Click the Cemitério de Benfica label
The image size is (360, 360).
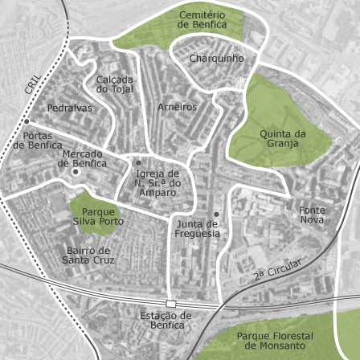point(202,20)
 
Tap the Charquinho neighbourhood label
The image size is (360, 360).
point(217,59)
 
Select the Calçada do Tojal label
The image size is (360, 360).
point(115,84)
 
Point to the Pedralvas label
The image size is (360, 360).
point(70,108)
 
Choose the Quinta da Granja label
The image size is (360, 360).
point(283,138)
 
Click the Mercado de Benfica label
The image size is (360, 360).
point(84,158)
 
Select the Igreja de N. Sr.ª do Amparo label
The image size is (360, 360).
point(158,183)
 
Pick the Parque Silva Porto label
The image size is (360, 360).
point(103,216)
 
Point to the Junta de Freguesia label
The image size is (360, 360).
point(198,229)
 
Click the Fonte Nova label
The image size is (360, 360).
point(312,215)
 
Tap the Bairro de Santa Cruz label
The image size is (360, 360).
point(90,255)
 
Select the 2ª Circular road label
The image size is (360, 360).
point(277,269)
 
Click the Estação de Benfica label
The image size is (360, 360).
point(166,320)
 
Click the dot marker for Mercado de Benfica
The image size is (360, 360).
point(75,172)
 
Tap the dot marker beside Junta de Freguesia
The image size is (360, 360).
point(215,214)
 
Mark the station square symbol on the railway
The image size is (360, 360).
point(170,304)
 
